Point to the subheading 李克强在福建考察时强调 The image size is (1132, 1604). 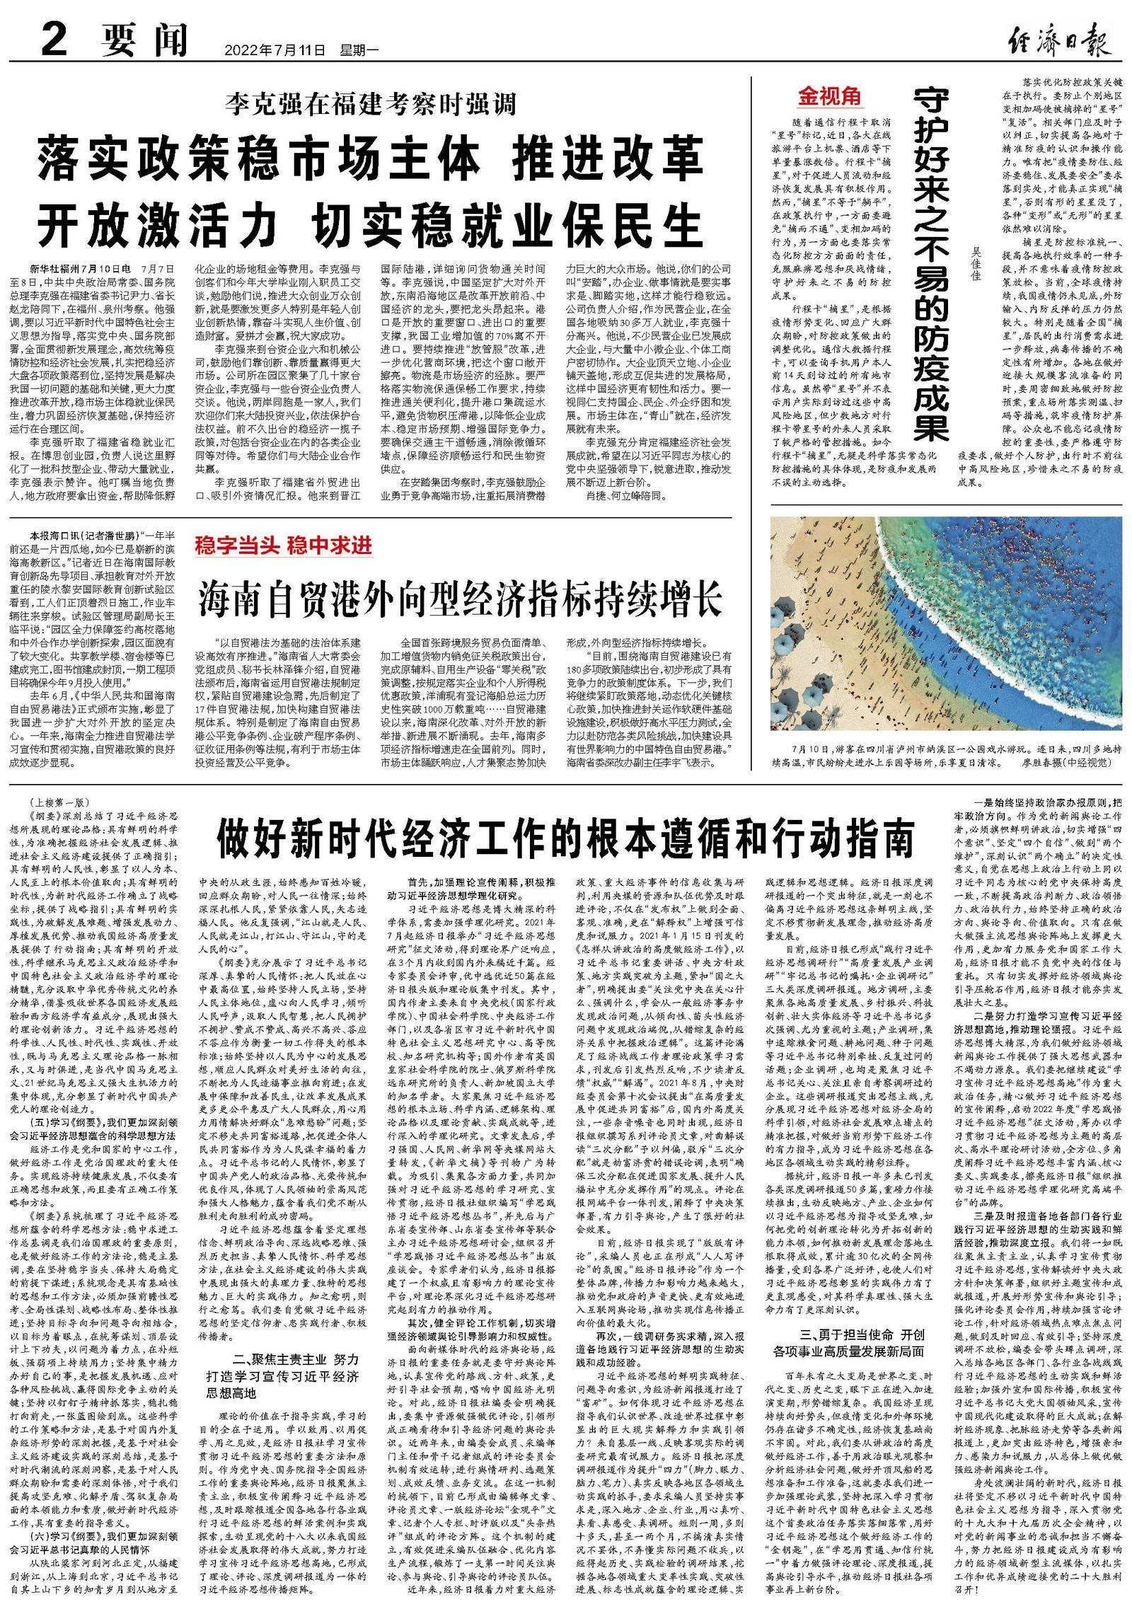371,104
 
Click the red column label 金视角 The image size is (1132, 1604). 830,96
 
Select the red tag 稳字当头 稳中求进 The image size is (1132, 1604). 283,546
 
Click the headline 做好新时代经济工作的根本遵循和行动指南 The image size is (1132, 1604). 565,838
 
